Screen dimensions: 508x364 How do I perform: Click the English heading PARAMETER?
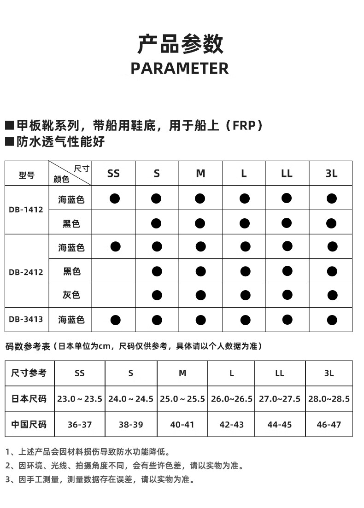tap(180, 68)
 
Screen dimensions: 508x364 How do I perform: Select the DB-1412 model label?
tap(26, 210)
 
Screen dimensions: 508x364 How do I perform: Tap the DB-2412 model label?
tap(26, 272)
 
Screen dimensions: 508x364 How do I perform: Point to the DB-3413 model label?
tap(26, 319)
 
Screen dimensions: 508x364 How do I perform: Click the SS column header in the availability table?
tap(113, 174)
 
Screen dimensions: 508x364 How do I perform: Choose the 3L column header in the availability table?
tap(331, 174)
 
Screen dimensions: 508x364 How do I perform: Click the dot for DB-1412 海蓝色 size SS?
tap(115, 199)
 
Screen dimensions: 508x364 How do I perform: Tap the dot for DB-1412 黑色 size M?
tap(200, 223)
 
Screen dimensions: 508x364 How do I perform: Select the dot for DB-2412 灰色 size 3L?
tap(332, 295)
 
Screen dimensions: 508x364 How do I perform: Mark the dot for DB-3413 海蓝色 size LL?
tap(287, 319)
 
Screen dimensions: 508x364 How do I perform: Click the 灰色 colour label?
tap(71, 295)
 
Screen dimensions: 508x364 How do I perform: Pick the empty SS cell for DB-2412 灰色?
tap(113, 295)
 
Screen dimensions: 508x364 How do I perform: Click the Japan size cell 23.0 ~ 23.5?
tap(80, 399)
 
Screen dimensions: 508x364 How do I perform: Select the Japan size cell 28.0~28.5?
tap(329, 399)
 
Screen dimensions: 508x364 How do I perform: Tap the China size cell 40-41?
tap(182, 424)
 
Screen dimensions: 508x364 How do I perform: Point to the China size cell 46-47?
tap(329, 424)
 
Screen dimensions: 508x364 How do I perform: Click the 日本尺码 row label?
tap(29, 399)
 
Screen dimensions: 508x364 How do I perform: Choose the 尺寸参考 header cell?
tap(29, 373)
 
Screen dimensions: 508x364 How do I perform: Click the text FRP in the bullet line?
tap(242, 125)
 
